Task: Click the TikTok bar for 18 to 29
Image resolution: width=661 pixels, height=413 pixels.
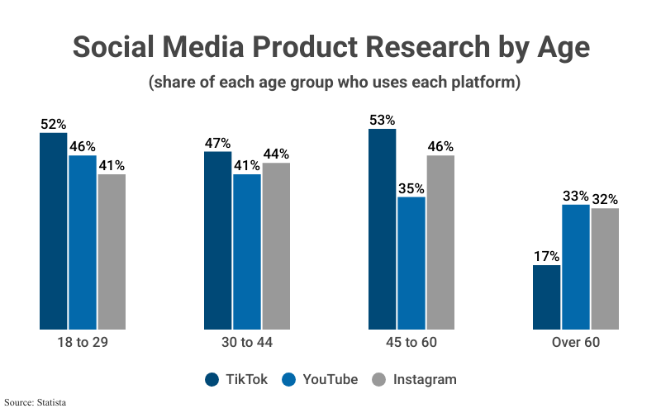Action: (54, 231)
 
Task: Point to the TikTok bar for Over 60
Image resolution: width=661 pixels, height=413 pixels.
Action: (547, 297)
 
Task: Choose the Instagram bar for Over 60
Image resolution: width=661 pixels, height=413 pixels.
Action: (604, 268)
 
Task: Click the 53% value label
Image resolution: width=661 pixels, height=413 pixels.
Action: (383, 120)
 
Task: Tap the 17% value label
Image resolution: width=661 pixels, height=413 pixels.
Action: (547, 256)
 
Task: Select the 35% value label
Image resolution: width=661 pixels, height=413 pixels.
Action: (411, 188)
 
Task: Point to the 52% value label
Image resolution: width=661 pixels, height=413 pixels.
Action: (54, 124)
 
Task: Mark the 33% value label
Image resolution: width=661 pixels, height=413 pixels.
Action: (576, 196)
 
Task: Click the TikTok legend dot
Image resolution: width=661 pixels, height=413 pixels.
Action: (212, 380)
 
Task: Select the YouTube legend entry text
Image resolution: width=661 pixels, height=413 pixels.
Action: (330, 380)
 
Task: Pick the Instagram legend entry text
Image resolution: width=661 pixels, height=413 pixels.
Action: (425, 380)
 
